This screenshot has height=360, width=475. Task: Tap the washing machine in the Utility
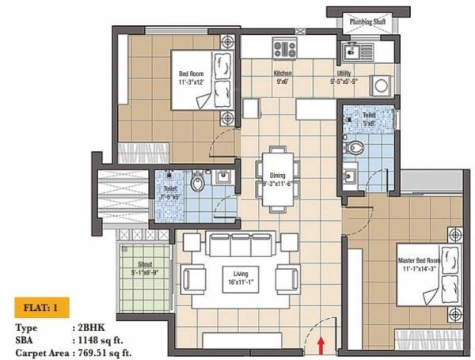pos(378,85)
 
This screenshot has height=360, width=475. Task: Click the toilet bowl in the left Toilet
pos(201,184)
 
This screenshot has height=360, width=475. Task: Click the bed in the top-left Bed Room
pos(218,80)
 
